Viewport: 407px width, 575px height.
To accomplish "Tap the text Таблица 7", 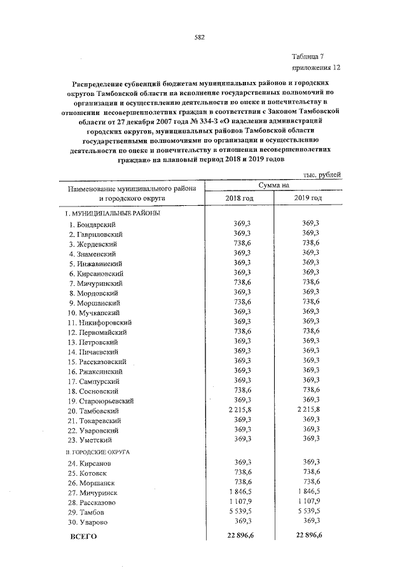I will coord(312,57).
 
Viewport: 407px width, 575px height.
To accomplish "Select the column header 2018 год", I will coord(240,198).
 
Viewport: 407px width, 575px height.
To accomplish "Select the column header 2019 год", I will coord(308,198).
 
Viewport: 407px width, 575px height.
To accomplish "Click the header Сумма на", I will coord(274,185).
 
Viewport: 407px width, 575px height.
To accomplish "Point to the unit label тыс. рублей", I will coord(322,174).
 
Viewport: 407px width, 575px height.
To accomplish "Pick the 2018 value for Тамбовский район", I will coord(240,411).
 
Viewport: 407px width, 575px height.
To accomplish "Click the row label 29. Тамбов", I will coord(87,511).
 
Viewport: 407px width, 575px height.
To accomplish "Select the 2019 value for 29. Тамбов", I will coord(308,511).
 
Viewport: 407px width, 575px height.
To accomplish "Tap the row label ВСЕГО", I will coord(82,537).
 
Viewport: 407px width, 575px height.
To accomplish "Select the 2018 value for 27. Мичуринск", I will coord(240,492).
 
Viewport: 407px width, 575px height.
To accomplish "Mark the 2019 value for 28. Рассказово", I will coord(308,501).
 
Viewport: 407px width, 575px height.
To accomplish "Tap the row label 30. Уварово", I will coord(88,522).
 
